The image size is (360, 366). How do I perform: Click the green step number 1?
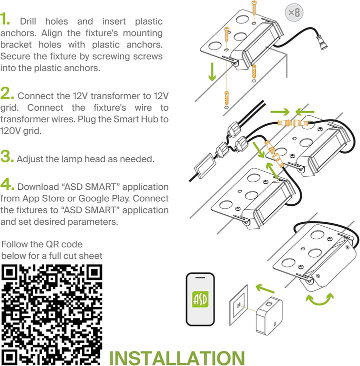tap(4, 19)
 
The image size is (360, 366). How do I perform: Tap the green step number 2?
tap(7, 93)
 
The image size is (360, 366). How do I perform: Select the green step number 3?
tap(7, 156)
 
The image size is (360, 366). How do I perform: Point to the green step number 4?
tap(7, 184)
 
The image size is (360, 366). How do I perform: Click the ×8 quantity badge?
tap(294, 13)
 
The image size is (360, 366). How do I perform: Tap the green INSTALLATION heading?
tap(177, 357)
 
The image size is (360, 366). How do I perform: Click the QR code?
tap(52, 314)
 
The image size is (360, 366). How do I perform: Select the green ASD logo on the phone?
tap(200, 299)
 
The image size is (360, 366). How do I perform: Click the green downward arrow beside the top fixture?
tap(212, 72)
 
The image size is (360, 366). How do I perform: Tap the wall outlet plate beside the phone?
tap(238, 305)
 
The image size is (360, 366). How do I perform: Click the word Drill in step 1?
tap(28, 22)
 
